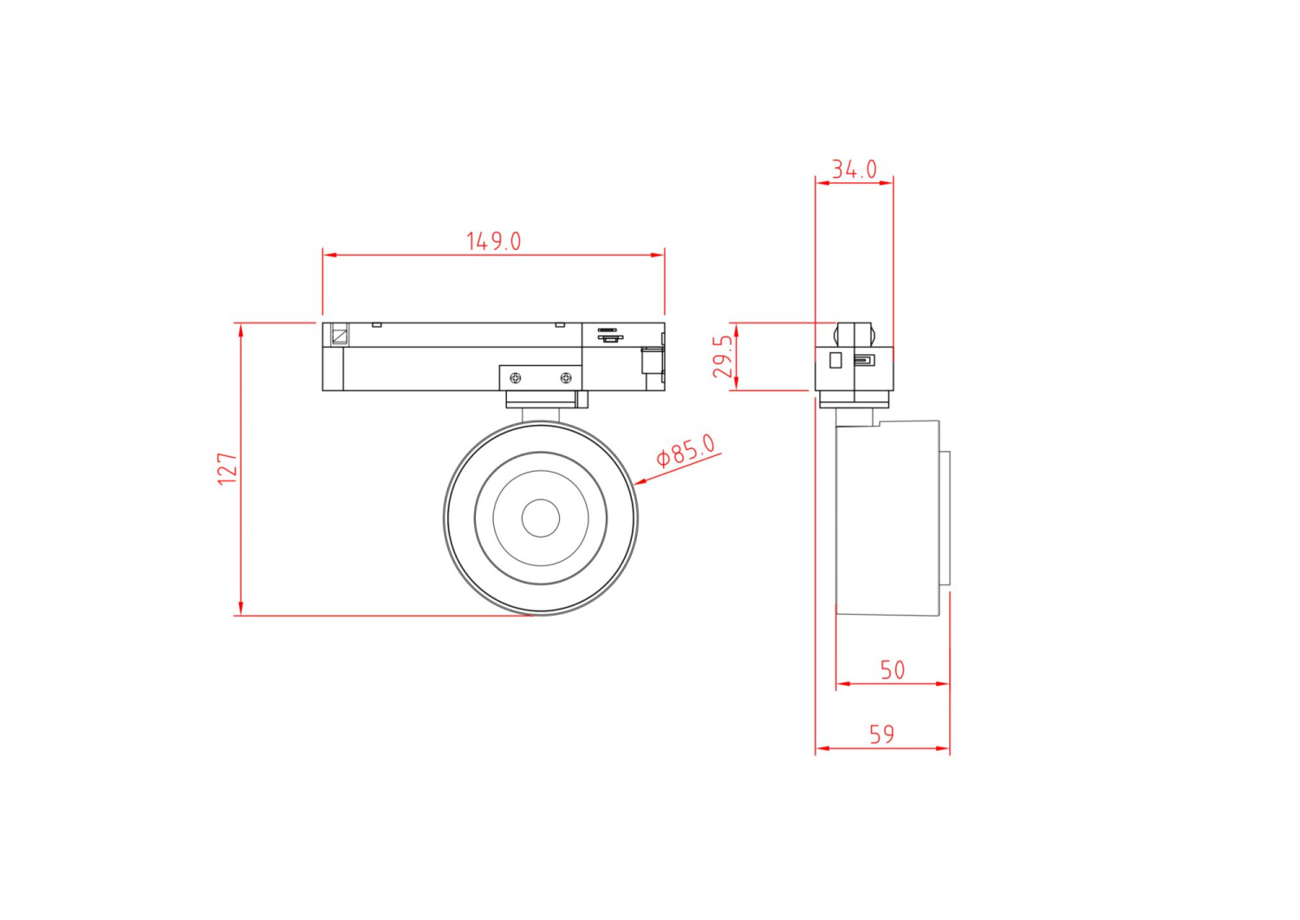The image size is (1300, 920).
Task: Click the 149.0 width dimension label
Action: (494, 241)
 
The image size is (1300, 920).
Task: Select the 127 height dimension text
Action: (227, 468)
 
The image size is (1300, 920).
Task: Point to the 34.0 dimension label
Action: (854, 169)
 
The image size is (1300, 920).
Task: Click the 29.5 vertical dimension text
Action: (723, 356)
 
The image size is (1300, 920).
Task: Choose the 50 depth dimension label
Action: (892, 670)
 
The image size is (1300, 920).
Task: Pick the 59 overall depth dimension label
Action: (881, 734)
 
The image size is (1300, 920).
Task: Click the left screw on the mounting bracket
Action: (516, 378)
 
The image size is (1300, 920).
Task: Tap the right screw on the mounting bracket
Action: (566, 378)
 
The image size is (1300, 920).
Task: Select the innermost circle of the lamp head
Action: (541, 519)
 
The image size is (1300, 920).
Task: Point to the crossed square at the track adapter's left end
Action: (340, 335)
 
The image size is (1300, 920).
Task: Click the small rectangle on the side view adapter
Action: (835, 360)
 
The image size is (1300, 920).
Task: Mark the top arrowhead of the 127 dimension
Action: (241, 330)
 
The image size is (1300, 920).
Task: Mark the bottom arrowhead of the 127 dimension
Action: (241, 609)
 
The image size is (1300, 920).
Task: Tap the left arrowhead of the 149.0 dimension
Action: (329, 255)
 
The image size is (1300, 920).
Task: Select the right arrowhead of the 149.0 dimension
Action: (658, 255)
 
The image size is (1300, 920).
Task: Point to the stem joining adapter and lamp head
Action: (541, 414)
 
